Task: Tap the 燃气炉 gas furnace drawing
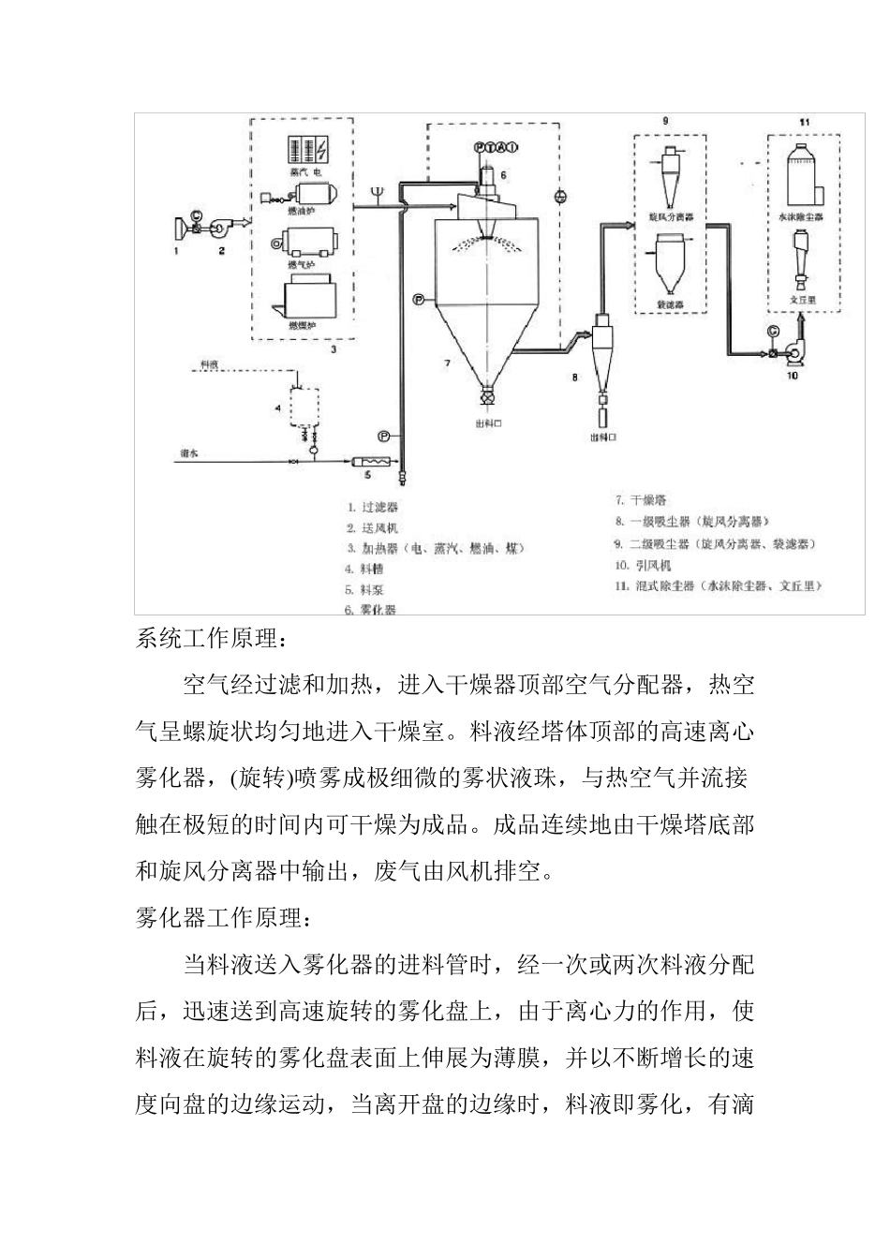pyautogui.click(x=308, y=244)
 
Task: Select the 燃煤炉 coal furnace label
pyautogui.click(x=302, y=326)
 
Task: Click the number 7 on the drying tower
pyautogui.click(x=447, y=362)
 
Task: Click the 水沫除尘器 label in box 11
pyautogui.click(x=801, y=216)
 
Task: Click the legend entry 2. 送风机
pyautogui.click(x=372, y=528)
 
